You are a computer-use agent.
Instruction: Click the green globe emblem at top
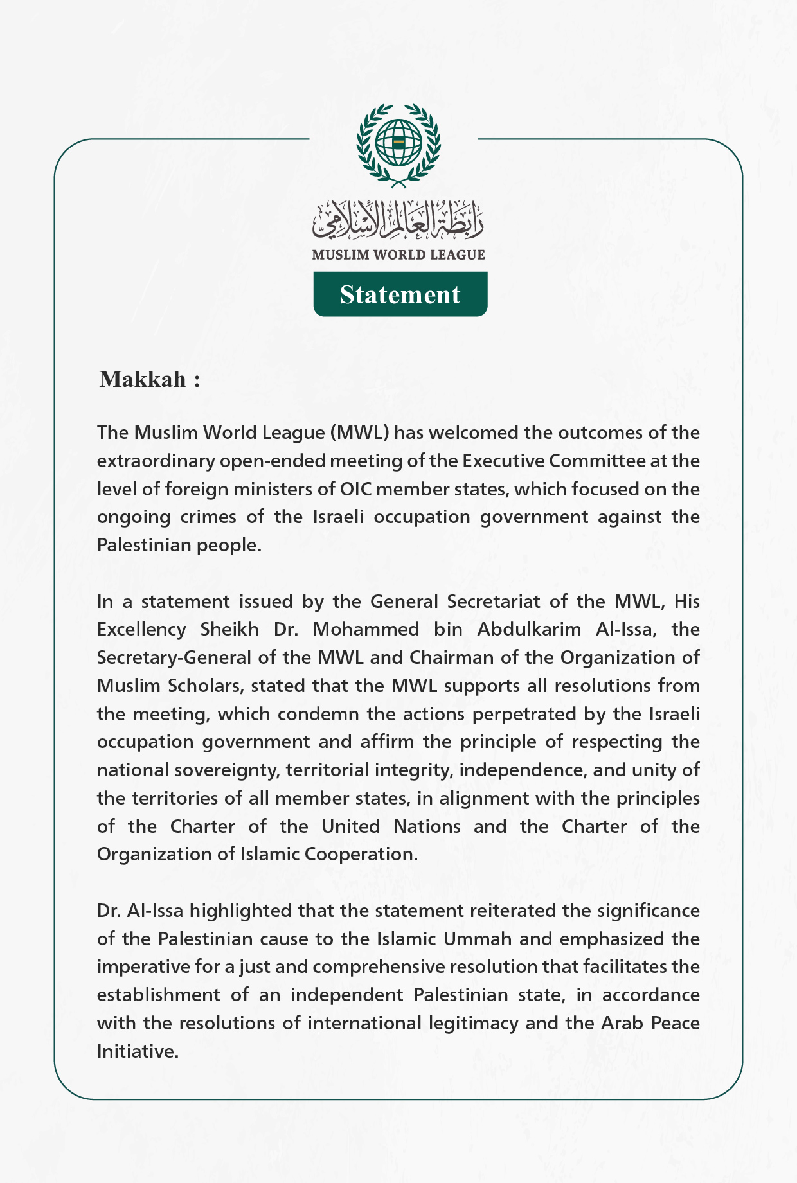398,143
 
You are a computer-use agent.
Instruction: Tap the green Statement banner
400,294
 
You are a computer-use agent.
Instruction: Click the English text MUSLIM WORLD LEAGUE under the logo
398,255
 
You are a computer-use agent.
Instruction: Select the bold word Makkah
143,379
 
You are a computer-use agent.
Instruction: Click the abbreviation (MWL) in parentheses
359,432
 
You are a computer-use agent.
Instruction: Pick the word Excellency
141,629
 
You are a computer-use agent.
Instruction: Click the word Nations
427,826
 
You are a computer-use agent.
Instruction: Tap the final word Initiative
136,1051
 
